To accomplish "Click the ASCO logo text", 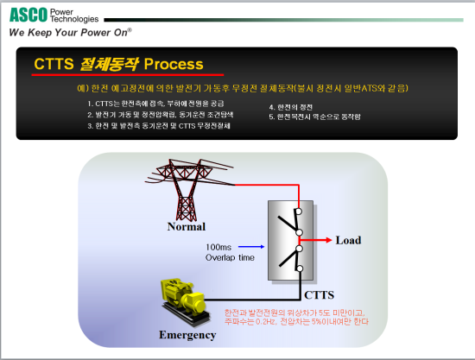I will pos(28,14).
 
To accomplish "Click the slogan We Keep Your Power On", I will pos(69,32).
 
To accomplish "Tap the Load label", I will pos(348,239).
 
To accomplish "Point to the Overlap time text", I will pos(231,257).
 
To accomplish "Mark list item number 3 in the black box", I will pos(164,125).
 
